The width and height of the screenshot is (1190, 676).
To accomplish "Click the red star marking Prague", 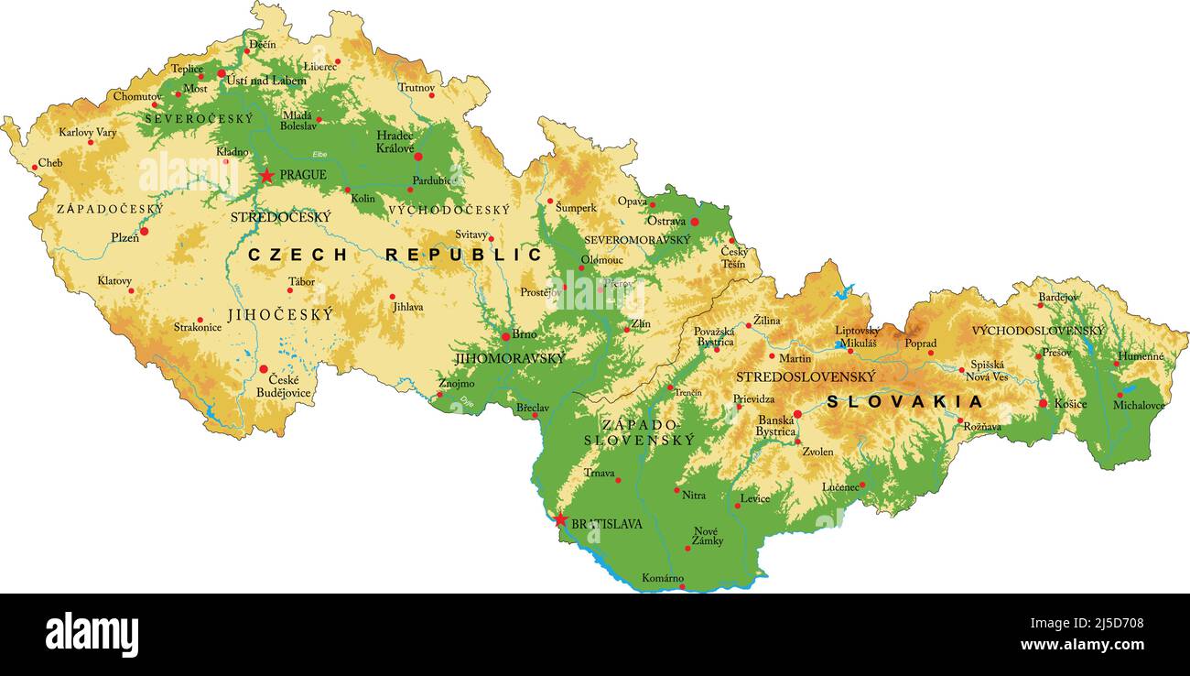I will [266, 175].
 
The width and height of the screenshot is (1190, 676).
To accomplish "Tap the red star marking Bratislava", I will [560, 520].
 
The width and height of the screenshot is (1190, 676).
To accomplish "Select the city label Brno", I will [525, 334].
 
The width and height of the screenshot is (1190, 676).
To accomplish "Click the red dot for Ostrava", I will [695, 222].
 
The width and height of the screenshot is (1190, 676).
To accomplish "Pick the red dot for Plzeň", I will [144, 231].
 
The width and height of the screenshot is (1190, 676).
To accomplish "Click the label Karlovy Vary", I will [88, 132].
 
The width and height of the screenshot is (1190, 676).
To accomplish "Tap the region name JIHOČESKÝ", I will [280, 314].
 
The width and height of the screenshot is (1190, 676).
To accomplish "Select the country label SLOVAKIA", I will [904, 401].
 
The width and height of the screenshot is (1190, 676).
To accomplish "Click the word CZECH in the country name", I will [297, 255].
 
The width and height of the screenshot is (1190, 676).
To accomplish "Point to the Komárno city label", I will [663, 578].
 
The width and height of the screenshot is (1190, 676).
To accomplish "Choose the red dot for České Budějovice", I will [264, 369].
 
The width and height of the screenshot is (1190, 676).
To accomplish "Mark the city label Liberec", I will [320, 67].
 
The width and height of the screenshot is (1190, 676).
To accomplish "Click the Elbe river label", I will [319, 154].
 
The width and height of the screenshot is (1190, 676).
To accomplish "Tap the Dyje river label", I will [465, 399].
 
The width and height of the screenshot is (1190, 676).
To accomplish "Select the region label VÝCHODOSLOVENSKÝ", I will [1038, 330].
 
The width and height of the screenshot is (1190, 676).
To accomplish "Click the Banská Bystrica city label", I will [775, 426].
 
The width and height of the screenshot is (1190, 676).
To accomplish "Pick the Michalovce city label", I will [1139, 405].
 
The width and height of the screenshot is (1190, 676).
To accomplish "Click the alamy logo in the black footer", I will [92, 634].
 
